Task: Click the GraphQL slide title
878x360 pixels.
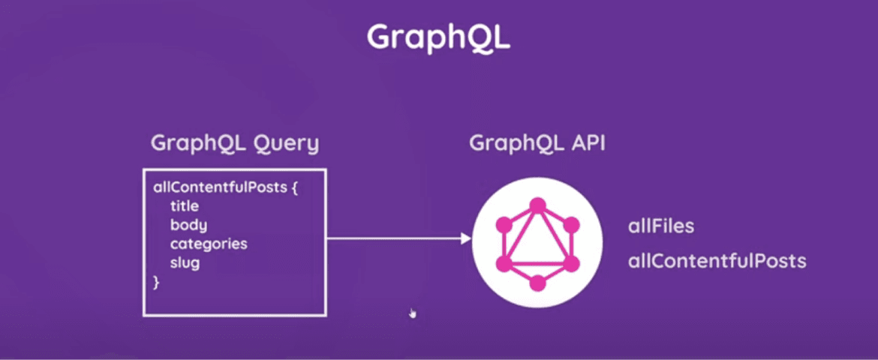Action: click(438, 37)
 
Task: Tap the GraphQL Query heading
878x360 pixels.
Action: click(234, 143)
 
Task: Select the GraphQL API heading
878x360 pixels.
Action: click(537, 143)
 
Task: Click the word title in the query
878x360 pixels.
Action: click(184, 206)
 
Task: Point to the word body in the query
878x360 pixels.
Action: click(188, 225)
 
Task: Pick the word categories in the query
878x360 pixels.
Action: click(208, 244)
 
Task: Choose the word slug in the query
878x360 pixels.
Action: click(185, 263)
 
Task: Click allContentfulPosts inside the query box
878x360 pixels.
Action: click(220, 187)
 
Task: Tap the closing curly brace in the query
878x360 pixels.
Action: click(156, 283)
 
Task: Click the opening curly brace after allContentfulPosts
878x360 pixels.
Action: click(295, 187)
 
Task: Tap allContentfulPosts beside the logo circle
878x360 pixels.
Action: click(717, 261)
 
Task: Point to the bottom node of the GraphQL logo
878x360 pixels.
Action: click(537, 283)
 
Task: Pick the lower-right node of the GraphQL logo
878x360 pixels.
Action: click(571, 263)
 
